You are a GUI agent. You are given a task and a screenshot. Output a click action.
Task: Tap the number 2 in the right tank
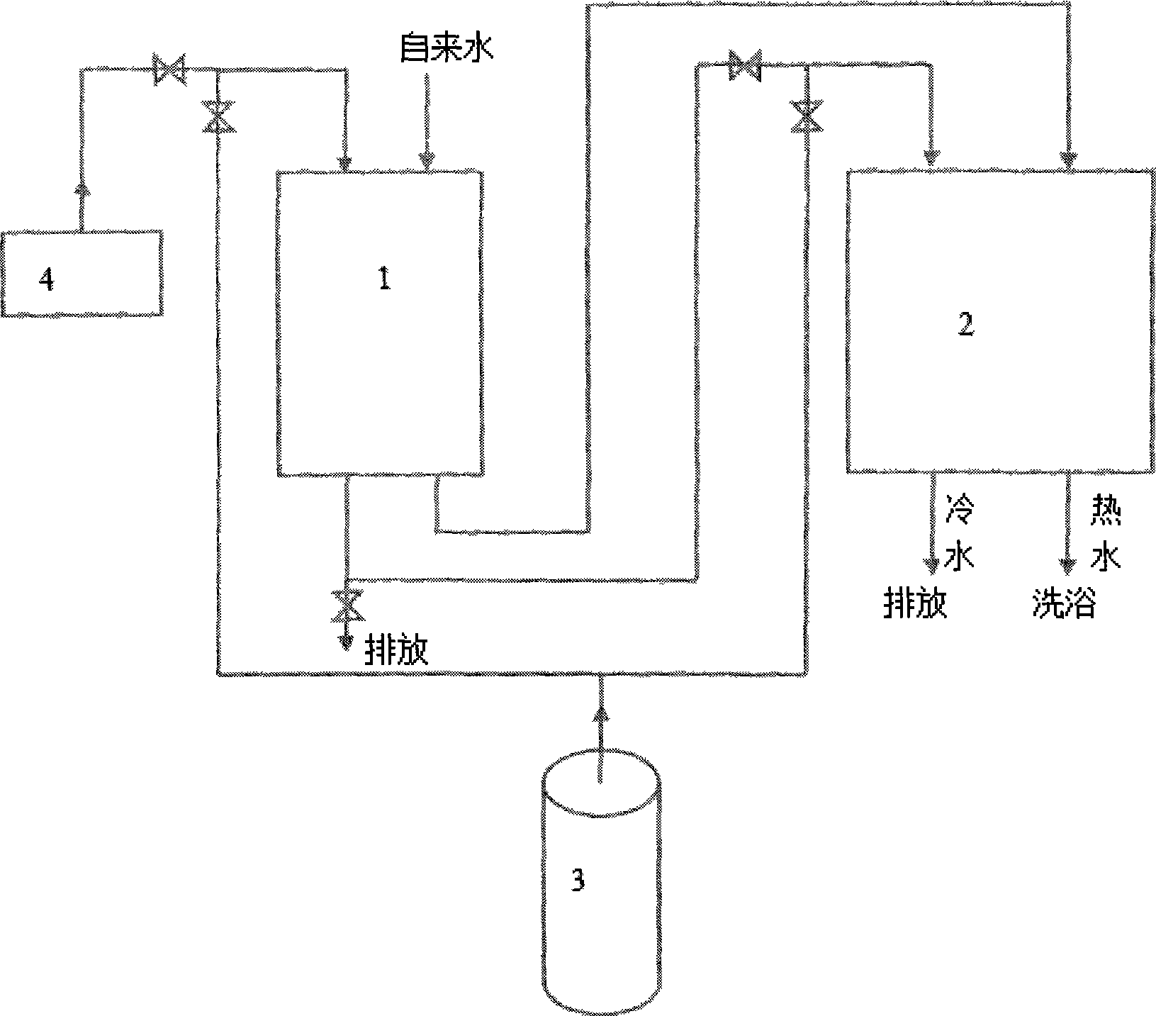tap(965, 325)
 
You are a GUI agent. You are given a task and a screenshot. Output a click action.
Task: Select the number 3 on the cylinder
tap(578, 881)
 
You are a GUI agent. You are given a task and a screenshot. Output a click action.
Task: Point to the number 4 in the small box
tap(46, 281)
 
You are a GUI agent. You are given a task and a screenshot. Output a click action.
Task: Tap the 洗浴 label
tap(1064, 605)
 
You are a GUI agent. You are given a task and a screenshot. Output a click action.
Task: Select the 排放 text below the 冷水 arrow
tap(915, 605)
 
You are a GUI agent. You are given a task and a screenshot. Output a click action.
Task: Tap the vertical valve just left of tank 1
tap(218, 116)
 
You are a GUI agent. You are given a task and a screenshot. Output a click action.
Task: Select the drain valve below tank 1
tap(347, 605)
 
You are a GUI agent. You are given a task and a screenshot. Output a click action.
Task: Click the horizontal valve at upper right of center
tap(745, 65)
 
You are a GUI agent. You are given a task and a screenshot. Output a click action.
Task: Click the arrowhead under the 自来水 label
tap(426, 162)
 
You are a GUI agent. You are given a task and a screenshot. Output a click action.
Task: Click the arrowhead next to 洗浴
tap(1067, 565)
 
